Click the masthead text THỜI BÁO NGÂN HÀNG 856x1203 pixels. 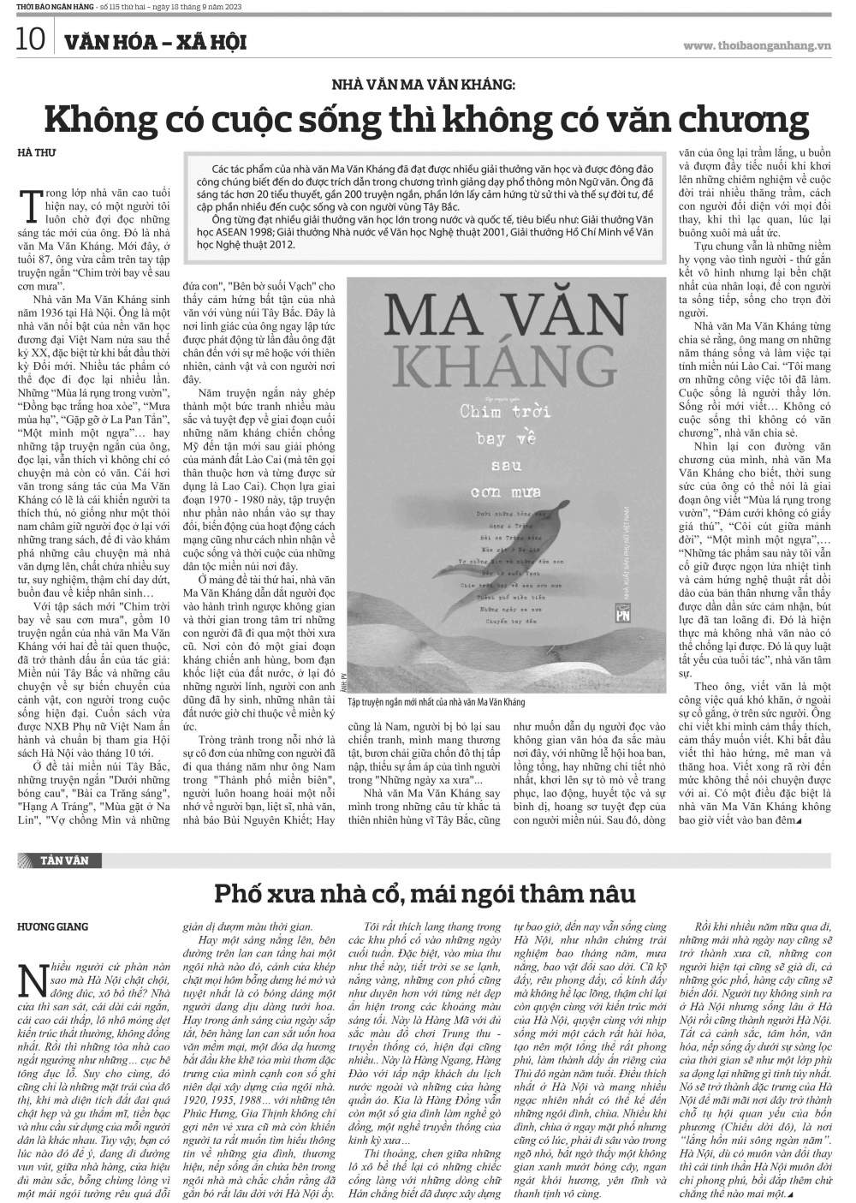(40, 10)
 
